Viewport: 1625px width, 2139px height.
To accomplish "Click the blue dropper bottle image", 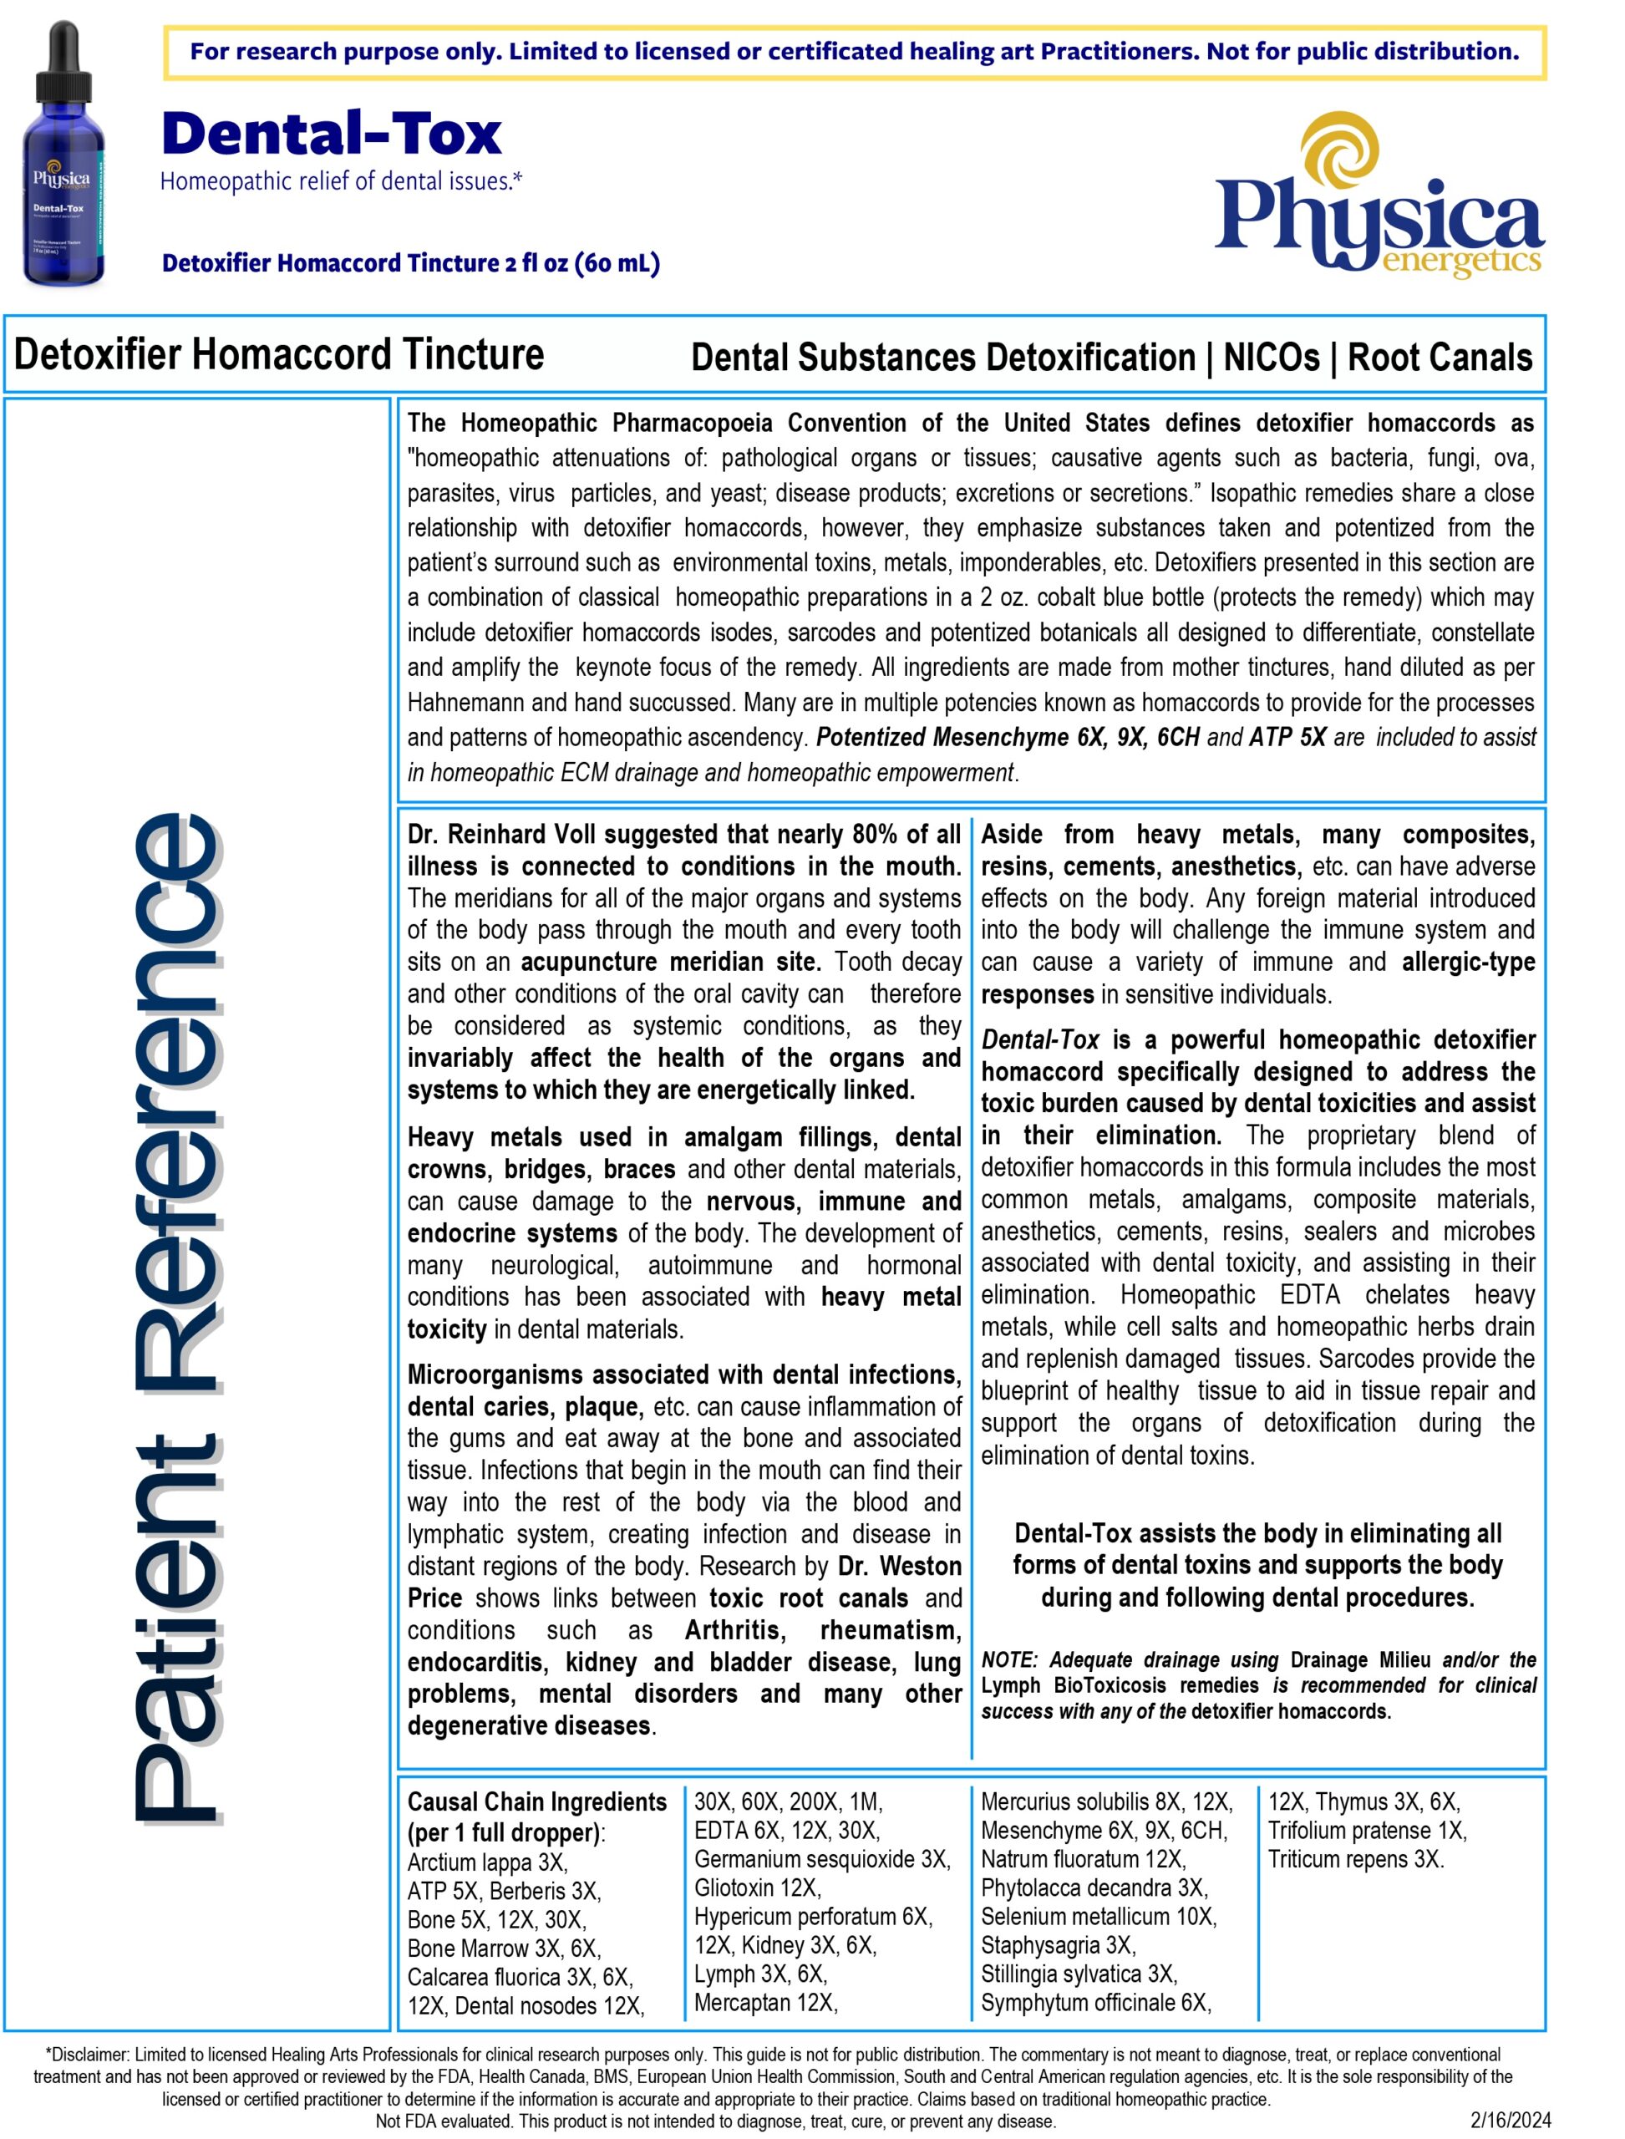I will point(63,155).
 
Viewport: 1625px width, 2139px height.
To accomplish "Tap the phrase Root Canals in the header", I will point(1440,358).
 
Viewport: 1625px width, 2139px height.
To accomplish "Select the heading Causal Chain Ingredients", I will point(537,1801).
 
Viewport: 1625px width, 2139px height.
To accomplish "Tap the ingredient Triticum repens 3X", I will point(1356,1858).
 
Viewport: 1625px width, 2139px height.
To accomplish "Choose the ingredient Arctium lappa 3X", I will point(488,1862).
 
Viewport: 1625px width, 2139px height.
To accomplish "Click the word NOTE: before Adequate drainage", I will point(1009,1660).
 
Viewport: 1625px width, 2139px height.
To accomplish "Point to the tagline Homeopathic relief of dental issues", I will point(342,181).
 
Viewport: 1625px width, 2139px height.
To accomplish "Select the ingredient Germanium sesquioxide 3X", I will point(822,1858).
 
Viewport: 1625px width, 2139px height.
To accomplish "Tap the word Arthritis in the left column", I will point(735,1630).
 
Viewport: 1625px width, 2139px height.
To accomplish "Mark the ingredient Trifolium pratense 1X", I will point(1367,1831).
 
